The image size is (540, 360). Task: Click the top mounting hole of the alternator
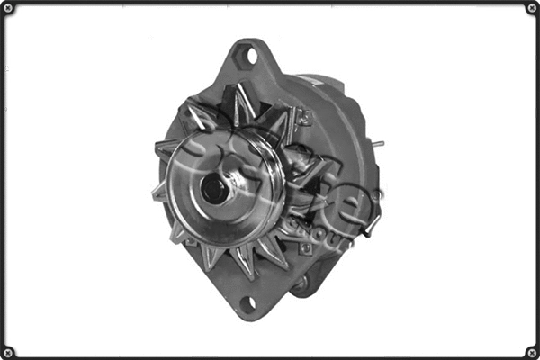[248, 57]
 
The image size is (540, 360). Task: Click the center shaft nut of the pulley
[215, 188]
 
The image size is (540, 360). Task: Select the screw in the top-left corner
[8, 8]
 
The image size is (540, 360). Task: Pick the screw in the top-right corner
[531, 8]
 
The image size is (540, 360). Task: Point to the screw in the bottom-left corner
[8, 351]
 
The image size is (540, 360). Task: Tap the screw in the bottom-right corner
[531, 351]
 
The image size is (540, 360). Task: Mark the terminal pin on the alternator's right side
[379, 144]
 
